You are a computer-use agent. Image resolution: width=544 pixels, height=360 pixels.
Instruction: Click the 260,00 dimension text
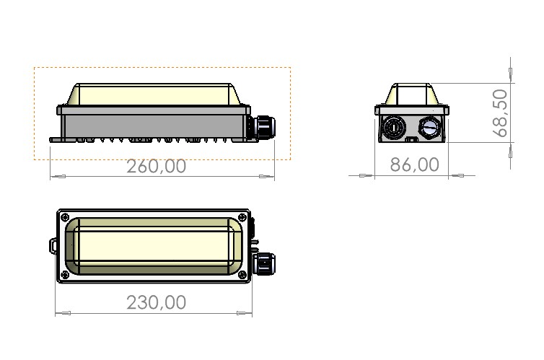[156, 166]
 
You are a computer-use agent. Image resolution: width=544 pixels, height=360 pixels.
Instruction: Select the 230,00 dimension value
[156, 302]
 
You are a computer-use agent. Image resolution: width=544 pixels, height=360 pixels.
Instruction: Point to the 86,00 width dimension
[415, 164]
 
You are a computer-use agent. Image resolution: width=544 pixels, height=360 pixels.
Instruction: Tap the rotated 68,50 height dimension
[500, 113]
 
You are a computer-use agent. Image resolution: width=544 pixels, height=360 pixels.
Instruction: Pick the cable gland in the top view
[263, 263]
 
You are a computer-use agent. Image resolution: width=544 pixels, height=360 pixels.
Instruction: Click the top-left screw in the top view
[65, 218]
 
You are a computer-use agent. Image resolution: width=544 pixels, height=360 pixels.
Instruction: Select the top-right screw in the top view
[242, 218]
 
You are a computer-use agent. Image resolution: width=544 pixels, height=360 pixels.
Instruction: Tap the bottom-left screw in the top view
[65, 275]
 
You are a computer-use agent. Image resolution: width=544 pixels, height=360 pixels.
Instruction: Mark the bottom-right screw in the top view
[242, 275]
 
